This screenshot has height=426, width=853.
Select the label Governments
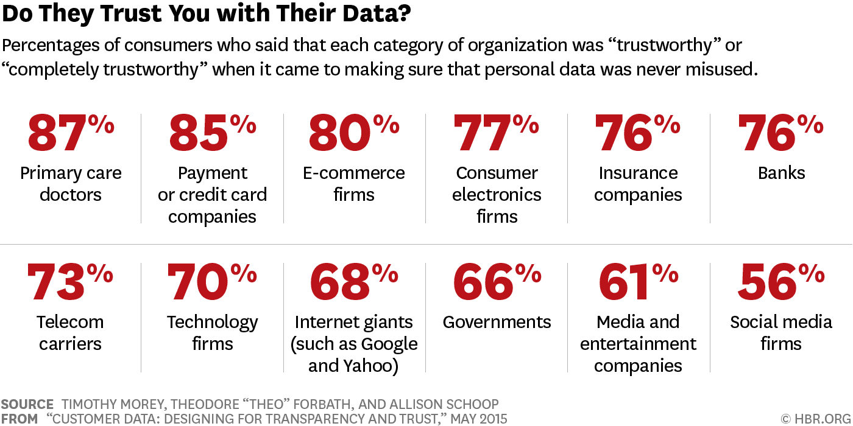point(497,322)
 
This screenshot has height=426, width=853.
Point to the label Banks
point(781,173)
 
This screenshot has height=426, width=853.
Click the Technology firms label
point(212,333)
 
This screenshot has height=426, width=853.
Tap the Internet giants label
point(354,344)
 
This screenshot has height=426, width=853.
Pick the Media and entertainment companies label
point(638,344)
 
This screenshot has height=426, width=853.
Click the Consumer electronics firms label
point(497,195)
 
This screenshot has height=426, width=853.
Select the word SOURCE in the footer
point(27,405)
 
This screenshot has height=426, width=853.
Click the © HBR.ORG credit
point(815,419)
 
